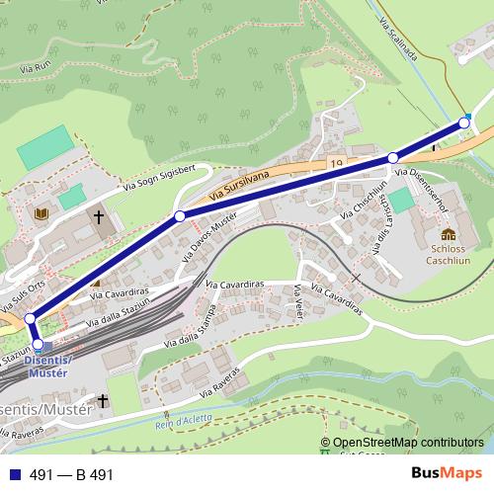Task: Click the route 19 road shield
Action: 337,161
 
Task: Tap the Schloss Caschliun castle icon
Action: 449,235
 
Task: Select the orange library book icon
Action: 41,213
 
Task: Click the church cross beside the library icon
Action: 99,216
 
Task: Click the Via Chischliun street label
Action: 362,202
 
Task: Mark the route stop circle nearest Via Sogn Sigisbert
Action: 180,215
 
